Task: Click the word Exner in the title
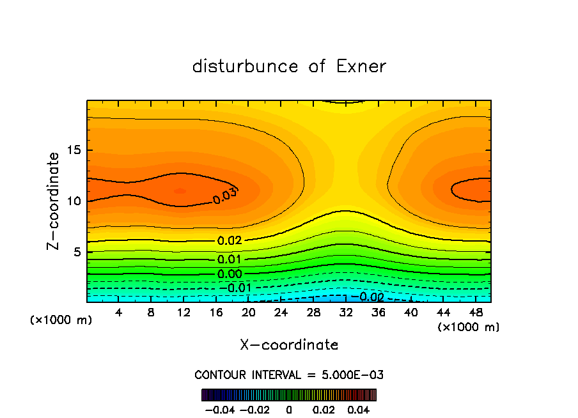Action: [361, 66]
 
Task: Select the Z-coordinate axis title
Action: [54, 201]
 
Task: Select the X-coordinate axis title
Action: [289, 345]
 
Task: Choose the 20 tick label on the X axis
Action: [249, 313]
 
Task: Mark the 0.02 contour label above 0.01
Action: [230, 241]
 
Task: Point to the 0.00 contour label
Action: [230, 274]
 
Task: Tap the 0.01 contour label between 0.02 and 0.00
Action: [230, 259]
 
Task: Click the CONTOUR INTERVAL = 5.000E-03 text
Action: [289, 375]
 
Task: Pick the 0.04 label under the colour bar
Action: [359, 409]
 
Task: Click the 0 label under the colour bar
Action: [289, 409]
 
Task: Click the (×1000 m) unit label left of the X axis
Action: [61, 320]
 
